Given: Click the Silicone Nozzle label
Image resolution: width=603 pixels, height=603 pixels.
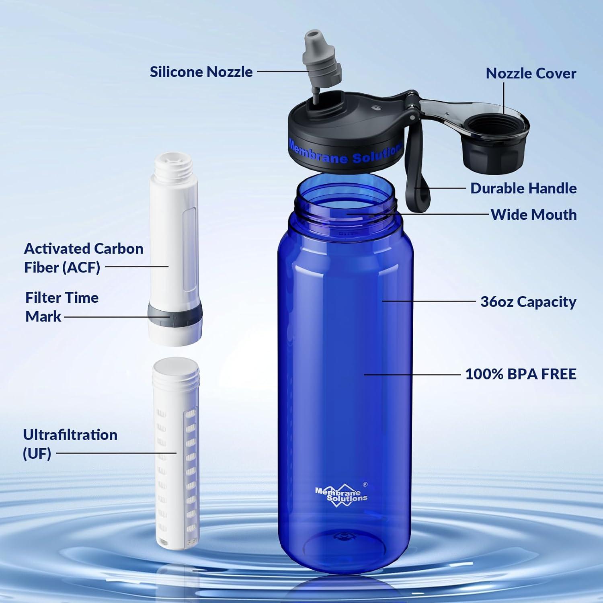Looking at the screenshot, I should click(x=201, y=72).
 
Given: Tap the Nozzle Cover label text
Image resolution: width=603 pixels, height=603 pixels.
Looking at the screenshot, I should click(x=531, y=73).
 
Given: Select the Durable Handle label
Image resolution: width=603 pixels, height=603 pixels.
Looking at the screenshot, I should click(x=523, y=188).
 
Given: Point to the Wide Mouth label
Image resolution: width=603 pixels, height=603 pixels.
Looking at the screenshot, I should click(x=533, y=215).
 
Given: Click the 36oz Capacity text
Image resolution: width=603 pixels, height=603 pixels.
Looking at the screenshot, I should click(x=528, y=301).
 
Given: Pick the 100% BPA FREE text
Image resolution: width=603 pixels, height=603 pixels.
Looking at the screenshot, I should click(x=521, y=374).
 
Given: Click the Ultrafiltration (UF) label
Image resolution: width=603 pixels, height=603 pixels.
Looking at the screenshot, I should click(x=70, y=444).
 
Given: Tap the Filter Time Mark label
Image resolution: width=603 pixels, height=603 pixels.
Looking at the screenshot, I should click(x=62, y=307).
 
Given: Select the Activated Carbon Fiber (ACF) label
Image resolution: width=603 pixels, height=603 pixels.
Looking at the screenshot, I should click(x=83, y=258).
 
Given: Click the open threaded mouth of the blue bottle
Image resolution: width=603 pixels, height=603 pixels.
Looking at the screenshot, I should click(x=345, y=197).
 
